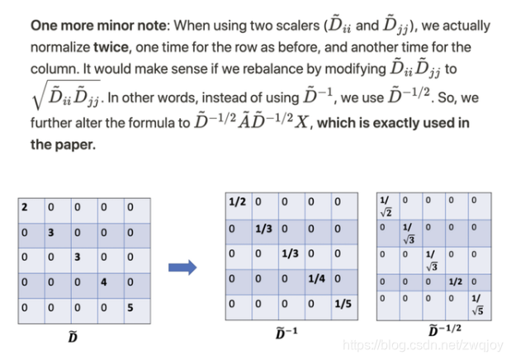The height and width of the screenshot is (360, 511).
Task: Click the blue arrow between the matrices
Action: coord(182,267)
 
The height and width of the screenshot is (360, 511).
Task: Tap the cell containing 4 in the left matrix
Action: coord(106,282)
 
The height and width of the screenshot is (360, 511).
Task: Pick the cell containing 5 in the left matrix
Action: coord(131,306)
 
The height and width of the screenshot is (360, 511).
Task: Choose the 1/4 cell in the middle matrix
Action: coord(316,278)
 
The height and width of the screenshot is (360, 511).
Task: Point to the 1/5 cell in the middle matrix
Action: coord(343,304)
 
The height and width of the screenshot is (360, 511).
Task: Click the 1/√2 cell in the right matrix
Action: coord(386,205)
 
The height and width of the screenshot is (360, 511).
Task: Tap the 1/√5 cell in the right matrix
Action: coord(476,302)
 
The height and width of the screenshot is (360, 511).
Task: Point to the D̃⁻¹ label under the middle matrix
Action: coord(286,332)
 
